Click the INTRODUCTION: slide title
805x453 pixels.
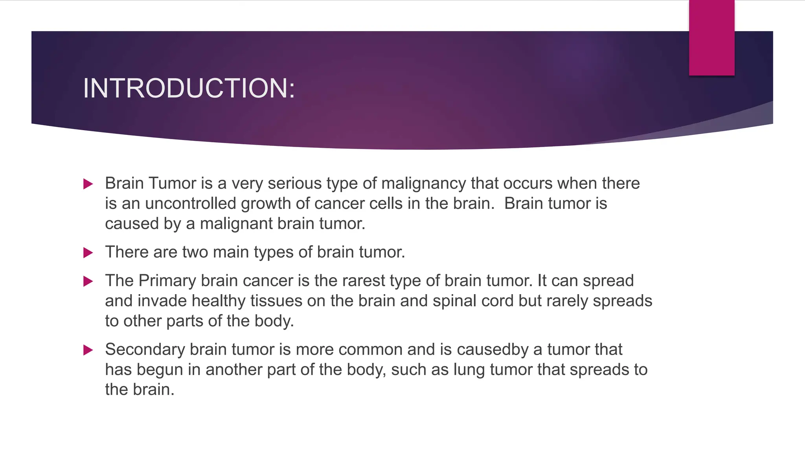(x=189, y=88)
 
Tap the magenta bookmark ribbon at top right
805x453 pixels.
(x=711, y=38)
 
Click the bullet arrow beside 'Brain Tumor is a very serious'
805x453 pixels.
(x=88, y=184)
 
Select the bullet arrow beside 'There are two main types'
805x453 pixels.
(x=88, y=252)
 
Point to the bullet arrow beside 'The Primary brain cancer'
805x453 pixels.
(x=88, y=281)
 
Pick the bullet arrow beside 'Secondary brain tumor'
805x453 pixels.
(x=88, y=350)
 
